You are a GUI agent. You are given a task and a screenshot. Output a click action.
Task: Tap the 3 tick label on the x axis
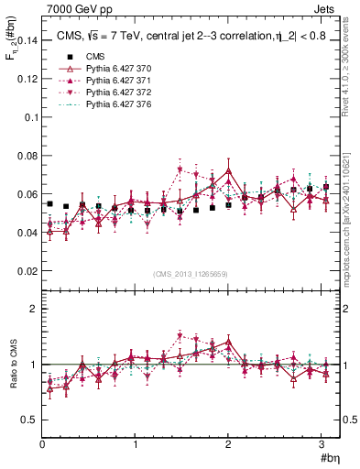point(322,444)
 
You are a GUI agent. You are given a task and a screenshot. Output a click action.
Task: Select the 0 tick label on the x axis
point(42,444)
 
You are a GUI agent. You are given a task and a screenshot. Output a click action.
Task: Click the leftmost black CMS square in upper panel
point(49,203)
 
